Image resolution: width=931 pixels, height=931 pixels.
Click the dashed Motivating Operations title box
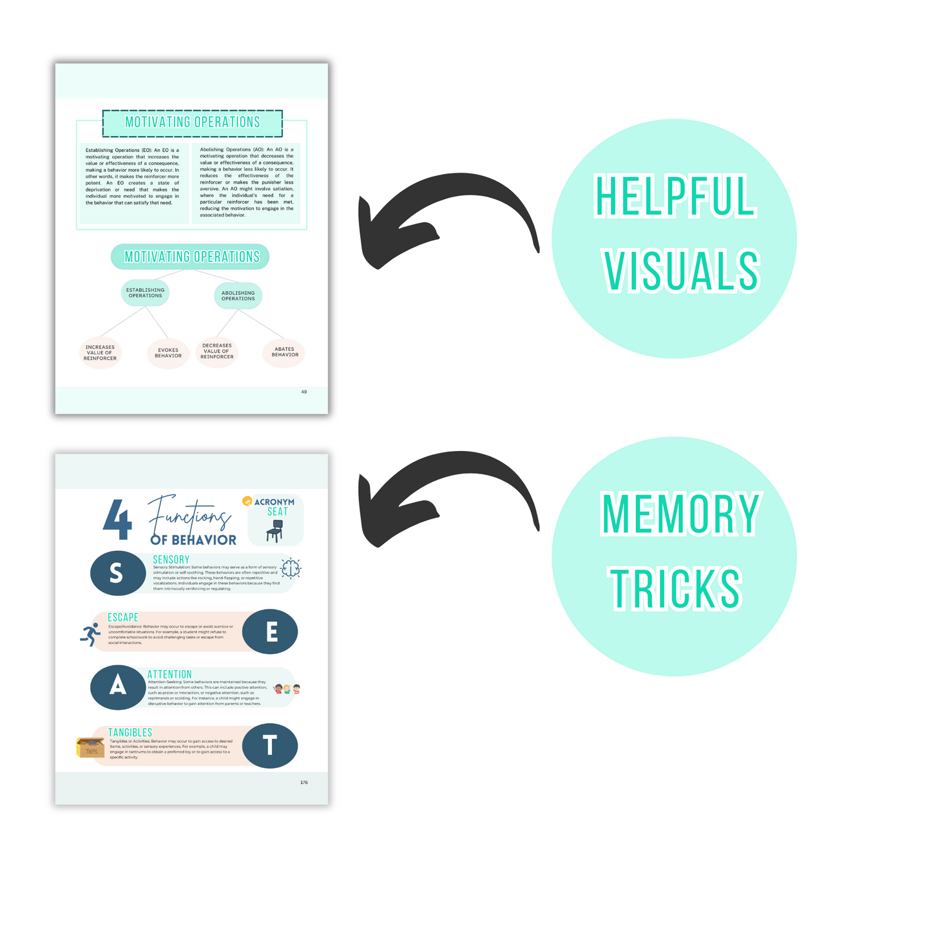(x=192, y=123)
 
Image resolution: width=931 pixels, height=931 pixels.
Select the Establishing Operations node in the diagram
(x=145, y=293)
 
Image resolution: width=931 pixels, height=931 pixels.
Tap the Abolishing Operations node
(x=238, y=296)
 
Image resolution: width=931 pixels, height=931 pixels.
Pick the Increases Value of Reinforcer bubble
(x=101, y=353)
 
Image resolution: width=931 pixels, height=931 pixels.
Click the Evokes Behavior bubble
(x=168, y=353)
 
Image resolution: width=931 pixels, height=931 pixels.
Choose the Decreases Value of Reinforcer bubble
(x=217, y=352)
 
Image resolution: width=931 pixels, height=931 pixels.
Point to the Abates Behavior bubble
(x=284, y=352)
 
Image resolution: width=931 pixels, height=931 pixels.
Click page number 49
(x=304, y=392)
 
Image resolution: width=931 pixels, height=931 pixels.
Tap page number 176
(x=304, y=782)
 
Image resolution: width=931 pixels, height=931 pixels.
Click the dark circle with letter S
(x=117, y=573)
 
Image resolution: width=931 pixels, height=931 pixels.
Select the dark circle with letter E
(x=271, y=632)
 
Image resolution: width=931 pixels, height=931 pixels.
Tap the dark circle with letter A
(x=117, y=687)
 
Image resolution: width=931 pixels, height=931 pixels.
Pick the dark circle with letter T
(x=270, y=745)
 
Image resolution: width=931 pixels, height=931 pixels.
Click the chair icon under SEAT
(x=274, y=531)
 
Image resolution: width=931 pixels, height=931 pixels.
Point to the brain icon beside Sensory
(x=291, y=568)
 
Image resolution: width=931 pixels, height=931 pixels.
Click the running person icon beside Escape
(x=91, y=635)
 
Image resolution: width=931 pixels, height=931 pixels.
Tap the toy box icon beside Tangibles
(x=90, y=747)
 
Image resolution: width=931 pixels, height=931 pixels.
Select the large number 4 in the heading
(x=118, y=520)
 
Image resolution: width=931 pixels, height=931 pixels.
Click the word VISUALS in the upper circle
(x=682, y=271)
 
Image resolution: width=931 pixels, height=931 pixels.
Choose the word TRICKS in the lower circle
(x=676, y=589)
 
